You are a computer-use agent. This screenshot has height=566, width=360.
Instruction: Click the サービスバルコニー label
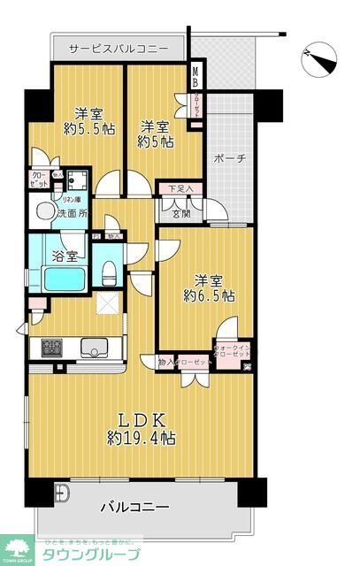(119, 49)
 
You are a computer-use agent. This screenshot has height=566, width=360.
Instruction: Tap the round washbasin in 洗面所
(41, 211)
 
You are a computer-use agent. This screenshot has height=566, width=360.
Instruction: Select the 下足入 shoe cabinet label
(180, 188)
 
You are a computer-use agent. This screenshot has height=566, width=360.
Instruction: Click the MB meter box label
(196, 77)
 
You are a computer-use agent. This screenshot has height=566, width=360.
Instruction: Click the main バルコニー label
(134, 507)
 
